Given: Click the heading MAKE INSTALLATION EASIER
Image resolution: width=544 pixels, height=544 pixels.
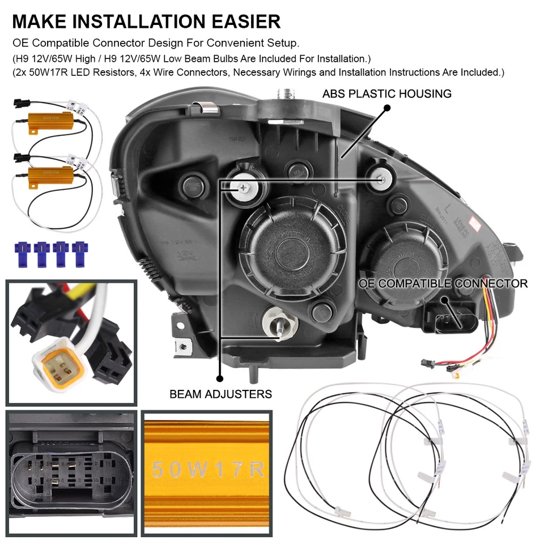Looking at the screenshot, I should [146, 21].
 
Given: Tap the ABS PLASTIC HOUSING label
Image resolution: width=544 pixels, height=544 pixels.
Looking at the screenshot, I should [387, 93].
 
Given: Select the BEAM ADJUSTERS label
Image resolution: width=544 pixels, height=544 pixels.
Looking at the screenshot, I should [221, 393].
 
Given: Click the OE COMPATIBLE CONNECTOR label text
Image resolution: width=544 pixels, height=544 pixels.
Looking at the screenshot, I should [443, 283].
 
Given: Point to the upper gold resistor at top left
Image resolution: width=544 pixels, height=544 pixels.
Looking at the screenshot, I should [50, 120].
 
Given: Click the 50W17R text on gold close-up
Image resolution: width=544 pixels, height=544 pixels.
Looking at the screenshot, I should [208, 470].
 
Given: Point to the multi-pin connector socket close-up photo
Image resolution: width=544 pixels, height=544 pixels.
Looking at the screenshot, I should [71, 473].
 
